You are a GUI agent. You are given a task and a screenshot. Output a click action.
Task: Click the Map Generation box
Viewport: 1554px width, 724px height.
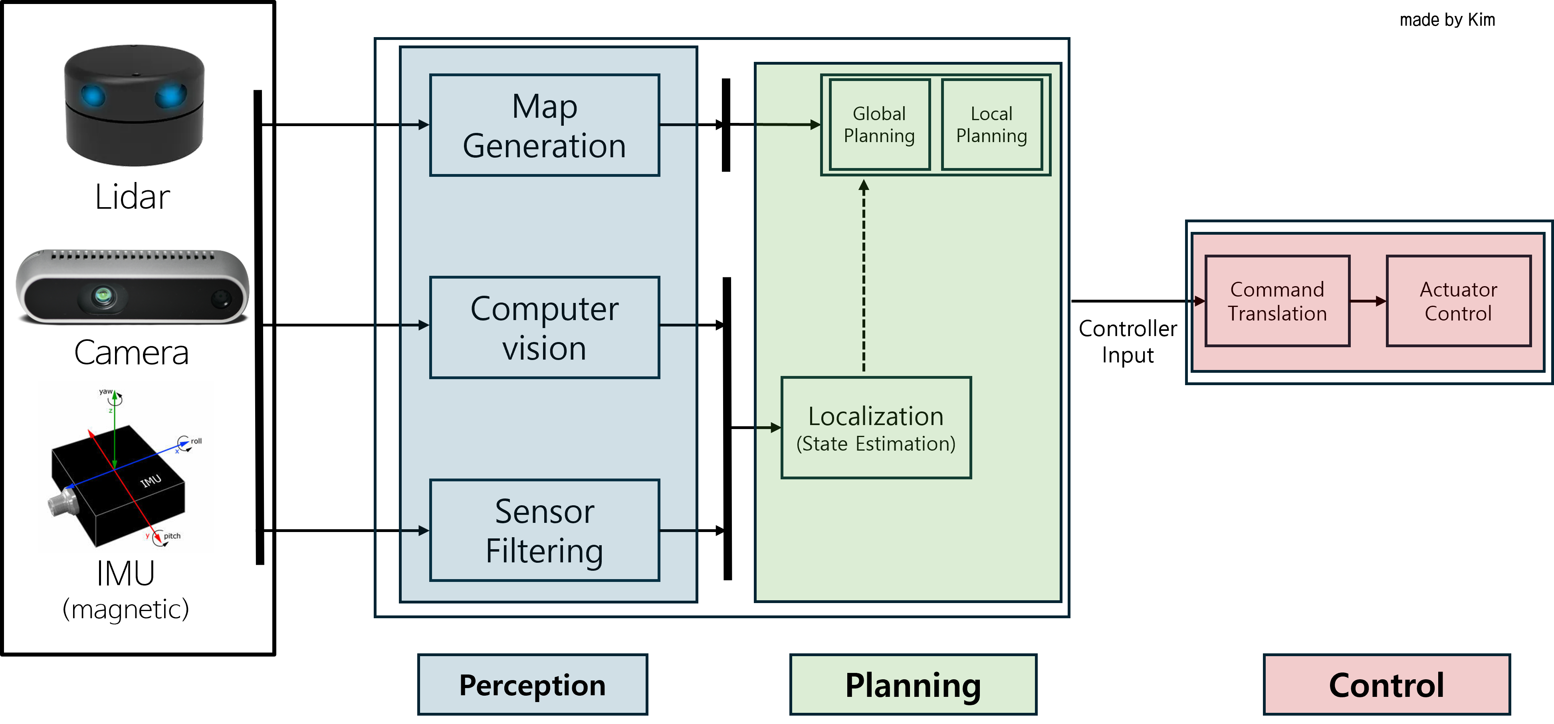[x=544, y=125]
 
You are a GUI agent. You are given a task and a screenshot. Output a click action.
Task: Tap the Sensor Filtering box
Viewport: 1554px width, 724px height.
[x=544, y=530]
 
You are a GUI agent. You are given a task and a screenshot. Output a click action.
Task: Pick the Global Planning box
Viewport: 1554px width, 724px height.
[x=879, y=125]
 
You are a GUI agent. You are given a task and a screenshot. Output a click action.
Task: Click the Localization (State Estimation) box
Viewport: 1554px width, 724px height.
[x=876, y=428]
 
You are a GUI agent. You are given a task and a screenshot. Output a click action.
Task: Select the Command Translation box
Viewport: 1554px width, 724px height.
[x=1277, y=301]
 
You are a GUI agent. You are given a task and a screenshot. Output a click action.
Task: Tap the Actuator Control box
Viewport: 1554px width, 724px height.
[x=1458, y=301]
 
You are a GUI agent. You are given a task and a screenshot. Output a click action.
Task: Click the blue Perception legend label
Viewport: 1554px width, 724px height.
[x=532, y=685]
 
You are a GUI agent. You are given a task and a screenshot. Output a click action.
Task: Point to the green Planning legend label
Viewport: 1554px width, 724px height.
[x=913, y=685]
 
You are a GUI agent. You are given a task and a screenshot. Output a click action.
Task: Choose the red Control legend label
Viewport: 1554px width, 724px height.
[x=1386, y=685]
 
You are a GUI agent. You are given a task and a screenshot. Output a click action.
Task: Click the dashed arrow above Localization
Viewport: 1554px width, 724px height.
[x=864, y=277]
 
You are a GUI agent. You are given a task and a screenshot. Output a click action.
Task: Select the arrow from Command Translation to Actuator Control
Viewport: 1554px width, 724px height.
[x=1368, y=301]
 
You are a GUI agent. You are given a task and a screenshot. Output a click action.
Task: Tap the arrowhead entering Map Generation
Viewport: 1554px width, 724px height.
[x=424, y=125]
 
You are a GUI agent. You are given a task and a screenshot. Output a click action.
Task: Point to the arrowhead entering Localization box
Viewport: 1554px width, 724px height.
[x=776, y=427]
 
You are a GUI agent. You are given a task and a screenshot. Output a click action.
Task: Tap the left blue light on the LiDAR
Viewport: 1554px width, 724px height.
[x=93, y=96]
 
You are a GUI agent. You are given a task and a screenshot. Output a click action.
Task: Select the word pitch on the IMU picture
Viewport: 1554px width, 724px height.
[x=172, y=536]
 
